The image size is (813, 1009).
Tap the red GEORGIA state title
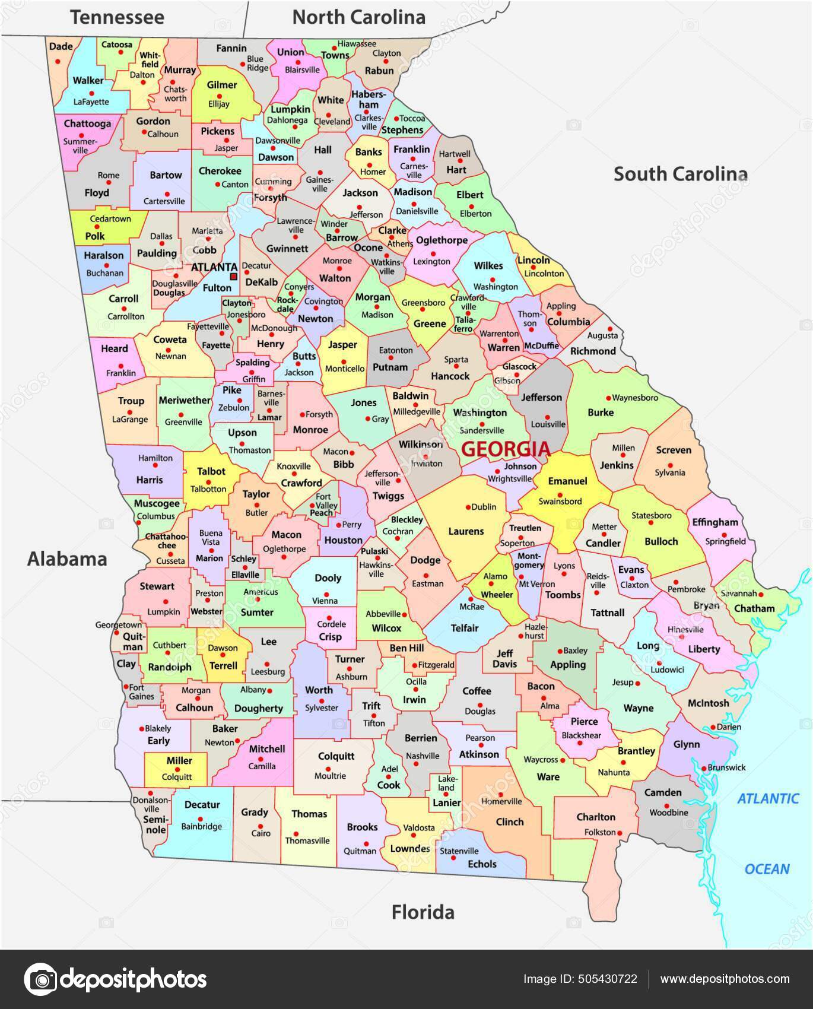coord(506,449)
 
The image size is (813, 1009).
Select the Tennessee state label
coord(117,17)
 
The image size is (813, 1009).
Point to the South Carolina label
coord(680,174)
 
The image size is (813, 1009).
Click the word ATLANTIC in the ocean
coord(768,799)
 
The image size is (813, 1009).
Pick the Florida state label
coord(423,912)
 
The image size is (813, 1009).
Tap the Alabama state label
coord(67,559)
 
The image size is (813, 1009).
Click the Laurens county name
coord(466,531)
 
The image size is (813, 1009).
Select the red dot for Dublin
coord(468,507)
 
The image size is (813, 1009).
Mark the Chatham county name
coord(754,608)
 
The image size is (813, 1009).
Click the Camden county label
coord(663,792)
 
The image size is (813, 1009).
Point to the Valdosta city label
coord(419,827)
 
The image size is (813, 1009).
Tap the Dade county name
coord(61,46)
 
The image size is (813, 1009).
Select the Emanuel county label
coord(567,481)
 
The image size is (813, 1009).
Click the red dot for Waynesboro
coord(608,398)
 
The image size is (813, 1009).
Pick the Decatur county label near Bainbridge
coord(202,805)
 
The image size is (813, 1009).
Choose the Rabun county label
coord(379,71)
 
